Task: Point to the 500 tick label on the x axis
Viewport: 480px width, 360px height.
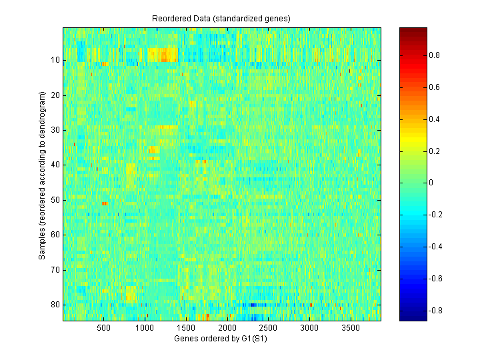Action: [x=103, y=328]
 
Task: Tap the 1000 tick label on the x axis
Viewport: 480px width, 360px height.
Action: [x=145, y=328]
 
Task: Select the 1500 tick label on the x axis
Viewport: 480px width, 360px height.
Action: [x=186, y=328]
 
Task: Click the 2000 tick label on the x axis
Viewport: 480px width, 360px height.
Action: [x=227, y=328]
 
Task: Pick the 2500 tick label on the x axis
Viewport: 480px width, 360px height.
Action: [x=268, y=328]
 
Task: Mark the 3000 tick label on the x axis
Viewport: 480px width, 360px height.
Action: [x=309, y=328]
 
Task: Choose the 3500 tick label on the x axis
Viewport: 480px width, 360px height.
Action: [x=351, y=328]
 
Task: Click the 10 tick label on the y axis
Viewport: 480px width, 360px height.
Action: [x=55, y=60]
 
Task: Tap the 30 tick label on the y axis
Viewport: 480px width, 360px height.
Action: [x=55, y=130]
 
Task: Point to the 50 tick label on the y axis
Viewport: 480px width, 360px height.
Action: [x=55, y=200]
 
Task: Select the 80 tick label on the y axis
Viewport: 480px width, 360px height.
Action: [x=55, y=305]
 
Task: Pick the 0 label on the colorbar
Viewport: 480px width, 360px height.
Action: [x=431, y=183]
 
